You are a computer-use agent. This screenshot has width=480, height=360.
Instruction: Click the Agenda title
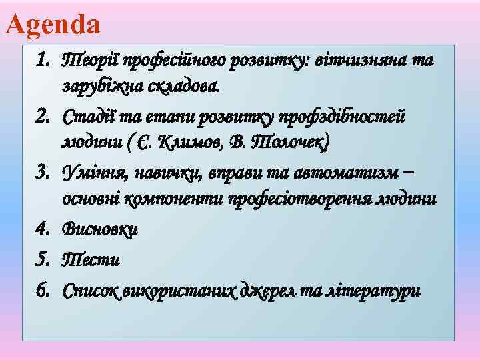pos(53,25)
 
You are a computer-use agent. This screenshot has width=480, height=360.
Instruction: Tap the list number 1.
pos(42,61)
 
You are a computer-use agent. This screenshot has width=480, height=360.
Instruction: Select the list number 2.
pos(42,117)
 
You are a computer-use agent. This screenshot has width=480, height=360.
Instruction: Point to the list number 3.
pos(42,173)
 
